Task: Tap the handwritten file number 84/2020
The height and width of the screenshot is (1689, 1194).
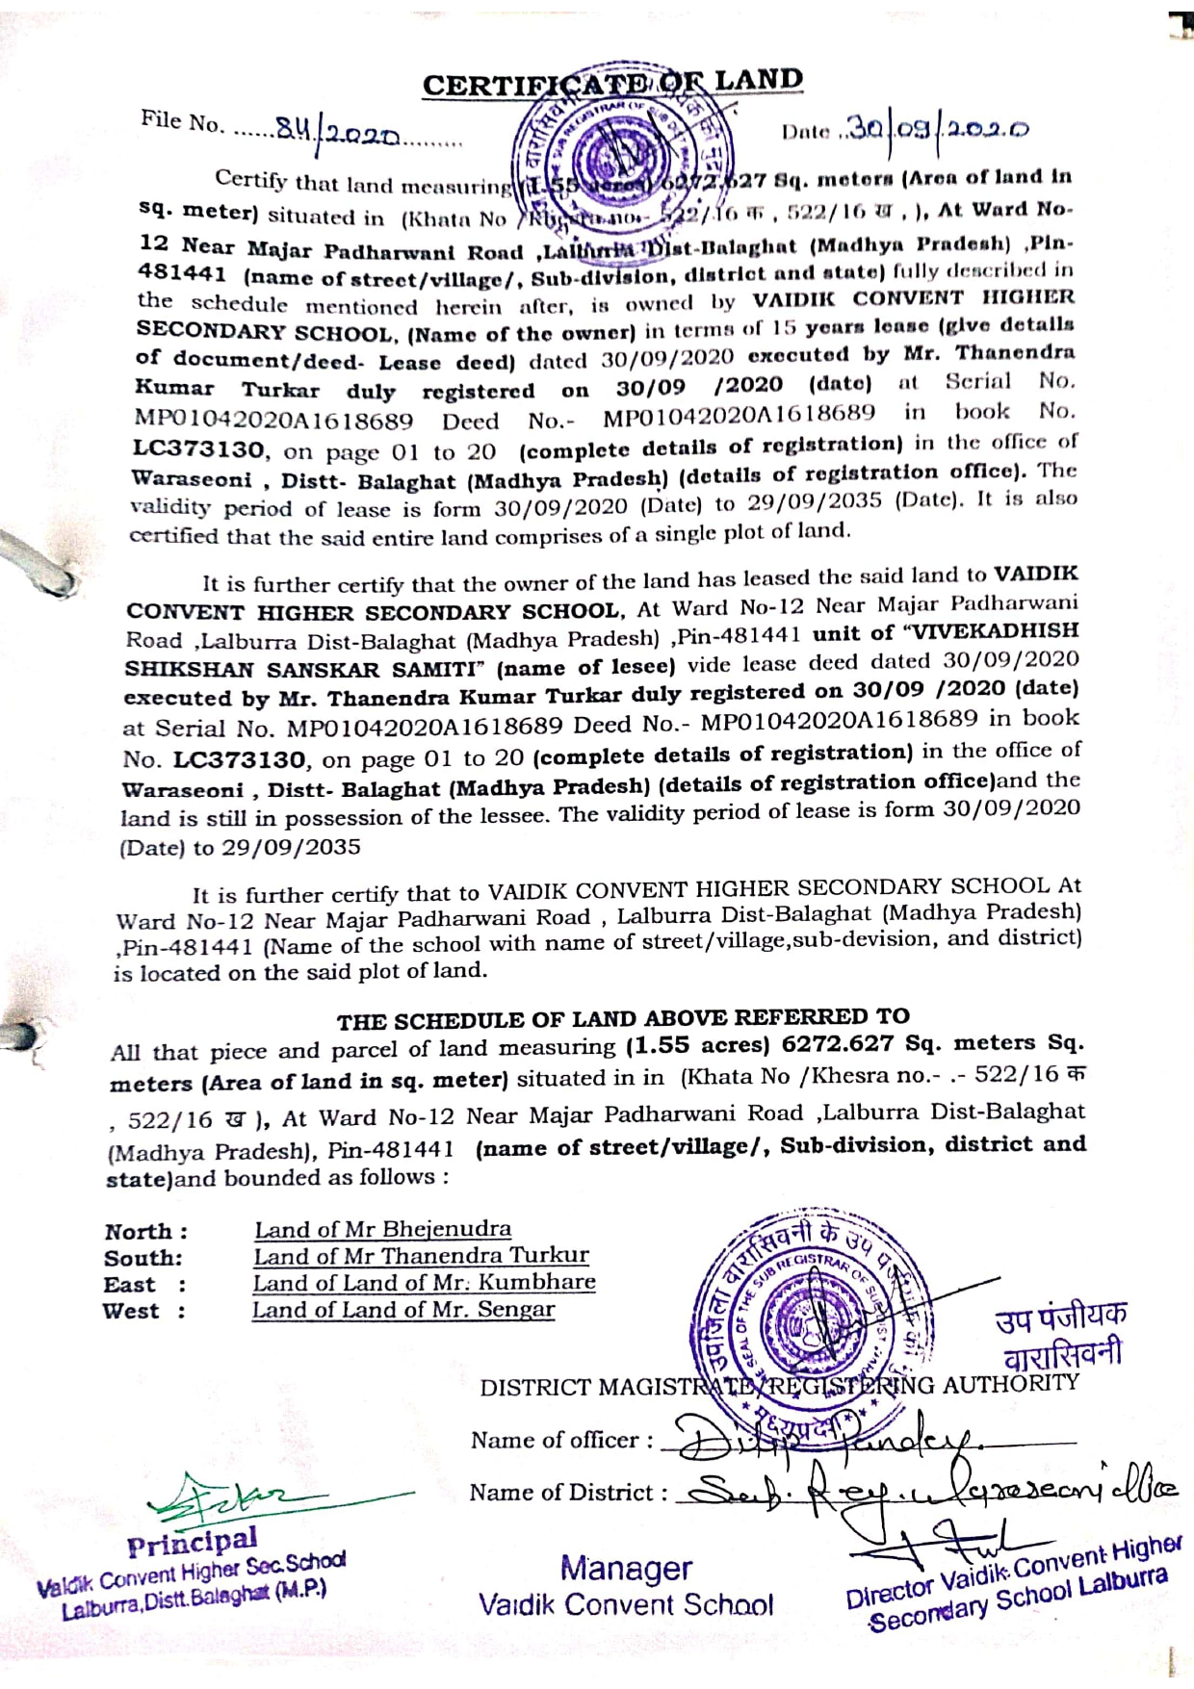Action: pos(337,131)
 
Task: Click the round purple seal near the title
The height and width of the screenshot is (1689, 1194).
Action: pos(617,154)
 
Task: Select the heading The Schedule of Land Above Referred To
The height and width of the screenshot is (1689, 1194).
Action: pos(622,1018)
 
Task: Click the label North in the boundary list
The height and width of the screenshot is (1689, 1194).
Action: pos(144,1232)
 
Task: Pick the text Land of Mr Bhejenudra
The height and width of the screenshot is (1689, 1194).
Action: pos(382,1229)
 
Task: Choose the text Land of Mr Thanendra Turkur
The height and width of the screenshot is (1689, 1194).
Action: pos(421,1256)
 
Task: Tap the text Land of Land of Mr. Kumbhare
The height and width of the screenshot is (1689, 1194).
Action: pos(424,1283)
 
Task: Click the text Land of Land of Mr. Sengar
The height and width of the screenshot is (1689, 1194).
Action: pos(403,1310)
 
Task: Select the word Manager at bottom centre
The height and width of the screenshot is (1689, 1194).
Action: pos(626,1569)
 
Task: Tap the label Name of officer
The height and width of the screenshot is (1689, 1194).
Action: pos(561,1441)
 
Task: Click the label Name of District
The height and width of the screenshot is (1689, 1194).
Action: pos(568,1493)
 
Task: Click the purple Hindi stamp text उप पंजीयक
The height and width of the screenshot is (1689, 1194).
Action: pos(1060,1316)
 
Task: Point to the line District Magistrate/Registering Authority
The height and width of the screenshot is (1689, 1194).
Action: pos(778,1386)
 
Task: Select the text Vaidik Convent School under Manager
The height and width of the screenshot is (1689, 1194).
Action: pos(626,1605)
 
